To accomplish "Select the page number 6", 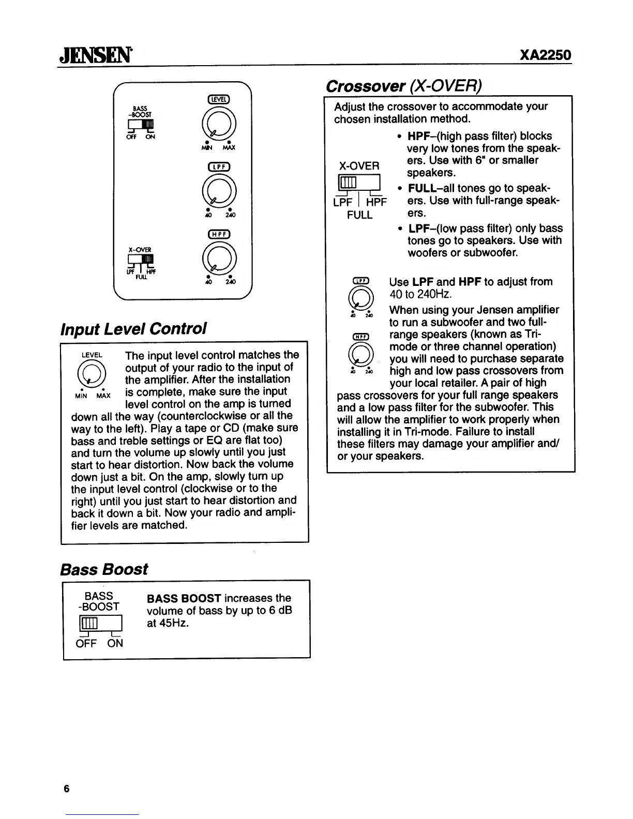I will click(66, 788).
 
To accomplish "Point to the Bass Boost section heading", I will click(104, 569).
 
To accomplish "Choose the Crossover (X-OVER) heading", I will click(404, 86).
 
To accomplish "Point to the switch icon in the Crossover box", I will click(359, 183).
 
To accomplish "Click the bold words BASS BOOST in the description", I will click(184, 598).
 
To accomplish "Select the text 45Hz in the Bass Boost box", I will click(174, 623).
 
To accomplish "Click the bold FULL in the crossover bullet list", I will click(421, 188).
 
